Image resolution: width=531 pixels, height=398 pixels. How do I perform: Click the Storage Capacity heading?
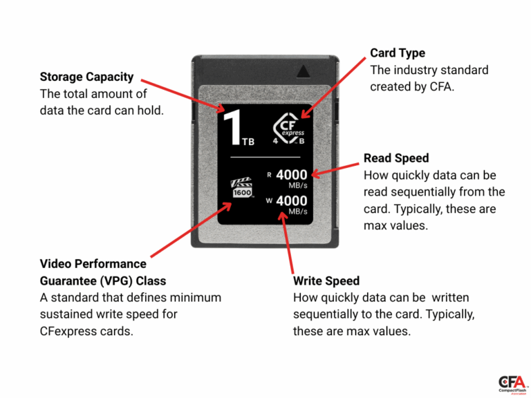click(x=86, y=77)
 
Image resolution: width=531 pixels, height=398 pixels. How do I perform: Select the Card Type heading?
click(x=398, y=53)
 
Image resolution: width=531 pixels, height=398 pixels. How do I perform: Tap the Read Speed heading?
click(x=396, y=158)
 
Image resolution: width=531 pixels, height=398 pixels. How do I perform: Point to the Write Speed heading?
click(x=326, y=281)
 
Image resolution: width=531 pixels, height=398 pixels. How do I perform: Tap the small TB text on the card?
click(x=248, y=142)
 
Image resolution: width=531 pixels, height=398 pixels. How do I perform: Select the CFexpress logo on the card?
click(x=289, y=129)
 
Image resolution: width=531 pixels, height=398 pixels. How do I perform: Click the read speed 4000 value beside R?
click(x=291, y=176)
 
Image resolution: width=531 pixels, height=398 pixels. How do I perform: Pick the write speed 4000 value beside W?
click(x=291, y=201)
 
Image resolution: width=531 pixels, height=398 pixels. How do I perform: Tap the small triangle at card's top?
click(x=304, y=71)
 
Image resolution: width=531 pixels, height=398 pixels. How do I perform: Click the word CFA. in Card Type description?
click(x=440, y=86)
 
